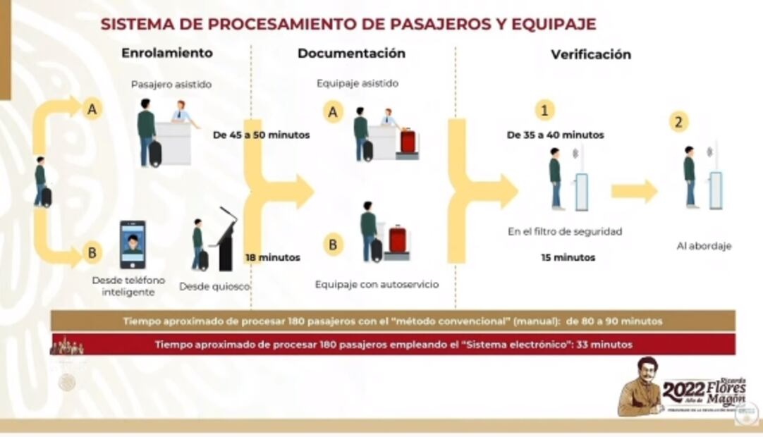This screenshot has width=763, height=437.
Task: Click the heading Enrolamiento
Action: click(x=166, y=53)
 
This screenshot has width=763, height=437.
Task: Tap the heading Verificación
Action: click(x=590, y=55)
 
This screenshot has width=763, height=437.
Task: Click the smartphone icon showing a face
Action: click(x=133, y=245)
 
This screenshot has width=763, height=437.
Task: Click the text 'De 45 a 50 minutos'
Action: click(x=261, y=135)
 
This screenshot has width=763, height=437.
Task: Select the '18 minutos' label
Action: click(x=272, y=258)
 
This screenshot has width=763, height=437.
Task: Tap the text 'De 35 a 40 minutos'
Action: click(x=555, y=135)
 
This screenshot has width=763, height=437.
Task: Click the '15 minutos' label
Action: click(x=568, y=258)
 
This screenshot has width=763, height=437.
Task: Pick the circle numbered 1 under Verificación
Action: click(x=544, y=110)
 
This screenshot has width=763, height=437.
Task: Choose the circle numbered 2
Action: click(x=678, y=123)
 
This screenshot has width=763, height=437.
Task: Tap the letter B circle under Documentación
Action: click(x=333, y=245)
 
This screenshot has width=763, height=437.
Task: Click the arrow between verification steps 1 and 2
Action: click(x=633, y=191)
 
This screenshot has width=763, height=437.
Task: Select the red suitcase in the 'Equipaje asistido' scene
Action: click(x=408, y=141)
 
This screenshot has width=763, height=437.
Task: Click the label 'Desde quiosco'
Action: click(x=214, y=287)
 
